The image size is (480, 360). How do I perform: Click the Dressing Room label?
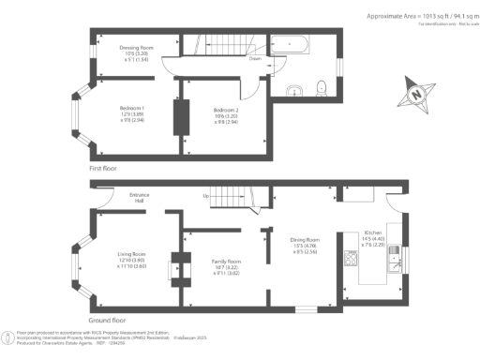point(136,47)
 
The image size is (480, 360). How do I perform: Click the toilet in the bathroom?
point(322,88)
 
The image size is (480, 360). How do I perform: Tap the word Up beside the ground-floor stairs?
point(206,196)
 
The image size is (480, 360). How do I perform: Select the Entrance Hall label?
point(140,200)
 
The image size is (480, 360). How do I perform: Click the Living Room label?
point(131,254)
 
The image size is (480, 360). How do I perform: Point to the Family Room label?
point(228,261)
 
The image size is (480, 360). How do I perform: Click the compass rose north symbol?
point(415,95)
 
